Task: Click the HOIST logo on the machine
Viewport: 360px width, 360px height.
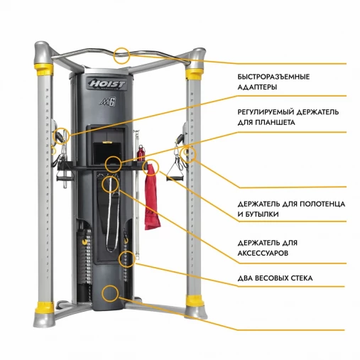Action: click(107, 84)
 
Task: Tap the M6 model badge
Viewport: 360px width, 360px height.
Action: click(108, 102)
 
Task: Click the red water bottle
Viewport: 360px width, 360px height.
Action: click(141, 153)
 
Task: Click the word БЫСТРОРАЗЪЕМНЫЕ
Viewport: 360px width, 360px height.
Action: click(273, 77)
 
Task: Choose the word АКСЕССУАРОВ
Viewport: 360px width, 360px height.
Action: click(263, 253)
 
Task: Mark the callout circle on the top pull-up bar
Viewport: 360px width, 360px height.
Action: click(121, 55)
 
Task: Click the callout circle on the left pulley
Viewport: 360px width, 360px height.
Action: click(61, 136)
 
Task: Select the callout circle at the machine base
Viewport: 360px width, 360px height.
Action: click(110, 293)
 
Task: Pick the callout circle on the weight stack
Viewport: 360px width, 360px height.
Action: click(127, 259)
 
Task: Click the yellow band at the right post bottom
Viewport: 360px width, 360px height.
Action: click(195, 300)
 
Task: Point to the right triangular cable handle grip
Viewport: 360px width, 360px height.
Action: click(175, 178)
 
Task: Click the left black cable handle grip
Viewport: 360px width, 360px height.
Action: click(65, 178)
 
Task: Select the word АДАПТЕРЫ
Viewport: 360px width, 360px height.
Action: click(257, 87)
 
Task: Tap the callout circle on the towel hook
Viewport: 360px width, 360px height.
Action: click(151, 168)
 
